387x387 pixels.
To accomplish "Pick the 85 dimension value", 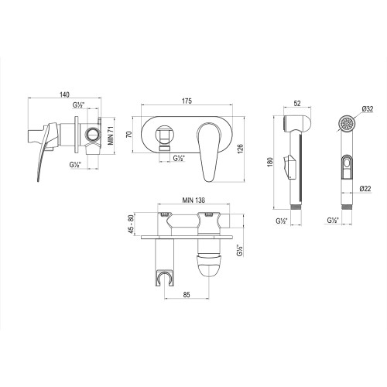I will click(188, 296).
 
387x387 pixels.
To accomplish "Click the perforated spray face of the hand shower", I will click(348, 123).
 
